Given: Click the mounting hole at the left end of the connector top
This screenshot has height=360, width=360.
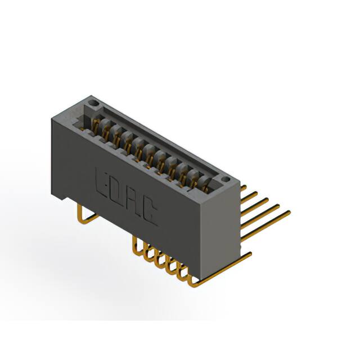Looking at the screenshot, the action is (x=94, y=103).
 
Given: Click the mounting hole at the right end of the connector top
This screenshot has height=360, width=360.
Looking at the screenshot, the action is (x=225, y=179).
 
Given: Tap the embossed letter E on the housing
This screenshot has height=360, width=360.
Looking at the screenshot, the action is (x=100, y=183).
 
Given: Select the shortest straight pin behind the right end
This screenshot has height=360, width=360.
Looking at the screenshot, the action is (x=244, y=188).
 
